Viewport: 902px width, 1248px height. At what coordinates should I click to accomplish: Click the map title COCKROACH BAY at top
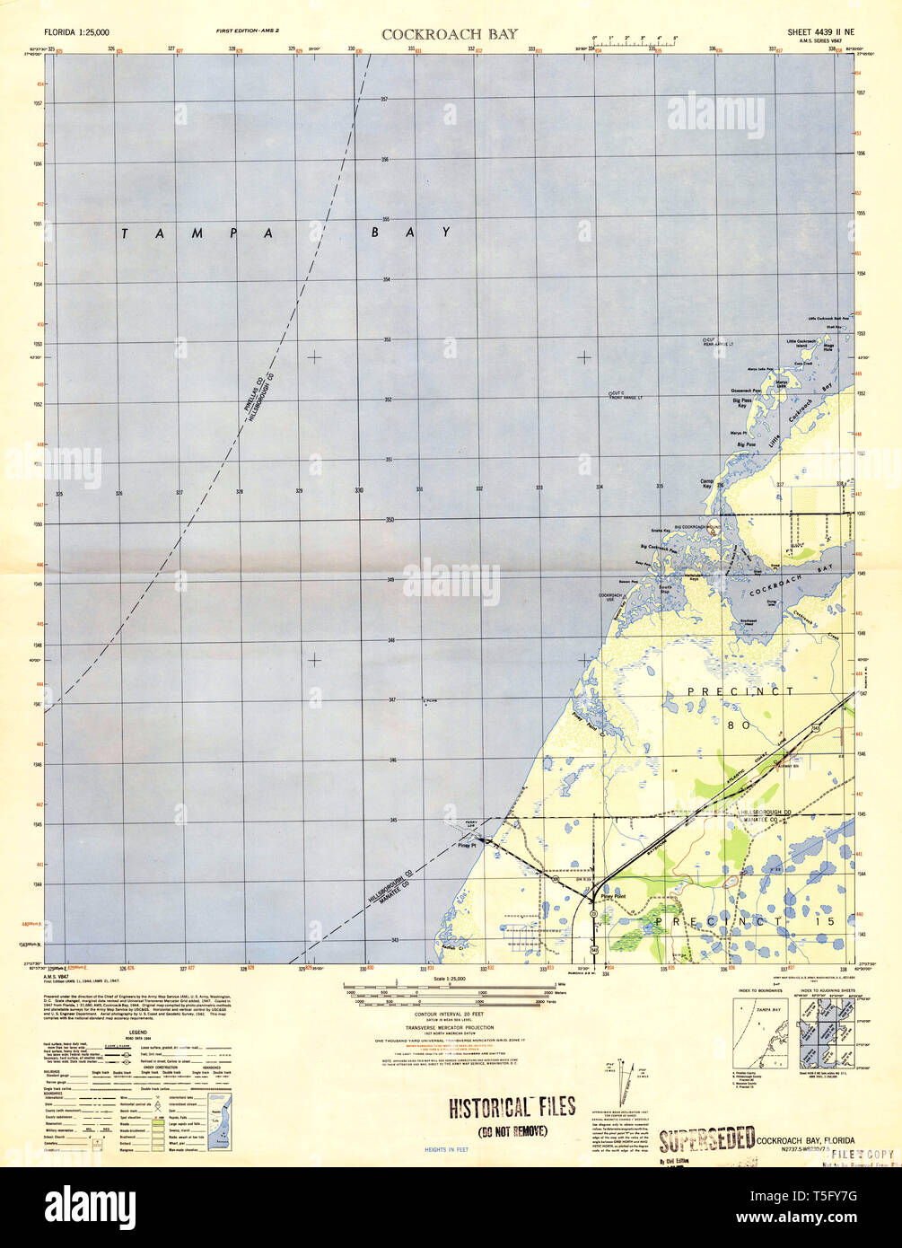[x=441, y=35]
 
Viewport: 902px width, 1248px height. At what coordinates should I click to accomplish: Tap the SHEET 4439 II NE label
[x=818, y=31]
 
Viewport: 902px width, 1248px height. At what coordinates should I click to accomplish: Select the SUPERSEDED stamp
[x=706, y=1139]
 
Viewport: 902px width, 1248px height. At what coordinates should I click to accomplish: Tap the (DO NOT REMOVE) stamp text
[x=512, y=1130]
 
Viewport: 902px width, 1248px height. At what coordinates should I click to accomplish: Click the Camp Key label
[x=706, y=484]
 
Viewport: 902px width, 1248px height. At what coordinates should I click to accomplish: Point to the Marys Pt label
[x=739, y=434]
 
